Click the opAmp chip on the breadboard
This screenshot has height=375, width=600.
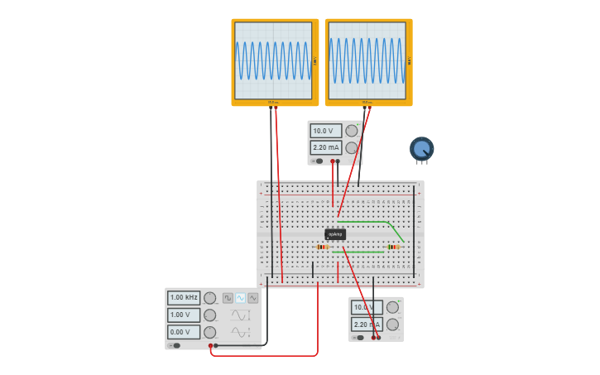coord(335,234)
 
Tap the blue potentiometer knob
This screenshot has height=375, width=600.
coord(421,149)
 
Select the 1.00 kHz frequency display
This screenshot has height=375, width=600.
coord(184,297)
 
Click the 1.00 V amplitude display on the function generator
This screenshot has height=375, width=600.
coord(184,315)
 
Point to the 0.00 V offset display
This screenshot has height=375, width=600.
coord(184,332)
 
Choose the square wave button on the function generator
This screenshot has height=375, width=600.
coord(228,298)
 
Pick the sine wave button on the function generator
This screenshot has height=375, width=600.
coord(240,298)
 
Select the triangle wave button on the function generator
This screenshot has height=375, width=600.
coord(252,298)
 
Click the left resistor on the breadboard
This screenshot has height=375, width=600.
coord(323,247)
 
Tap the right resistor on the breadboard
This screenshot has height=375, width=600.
coord(392,247)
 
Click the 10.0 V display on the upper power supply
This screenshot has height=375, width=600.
coord(325,131)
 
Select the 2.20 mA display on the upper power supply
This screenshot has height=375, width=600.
coord(325,147)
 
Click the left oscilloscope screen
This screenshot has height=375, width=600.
coord(273,60)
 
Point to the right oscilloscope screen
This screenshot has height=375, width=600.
coord(367,60)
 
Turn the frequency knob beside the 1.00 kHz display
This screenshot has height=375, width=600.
coord(210,298)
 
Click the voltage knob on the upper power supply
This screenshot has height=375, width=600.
coord(352,131)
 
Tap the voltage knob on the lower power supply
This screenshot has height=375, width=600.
coord(392,307)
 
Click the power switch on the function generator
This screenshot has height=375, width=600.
coord(175,345)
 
